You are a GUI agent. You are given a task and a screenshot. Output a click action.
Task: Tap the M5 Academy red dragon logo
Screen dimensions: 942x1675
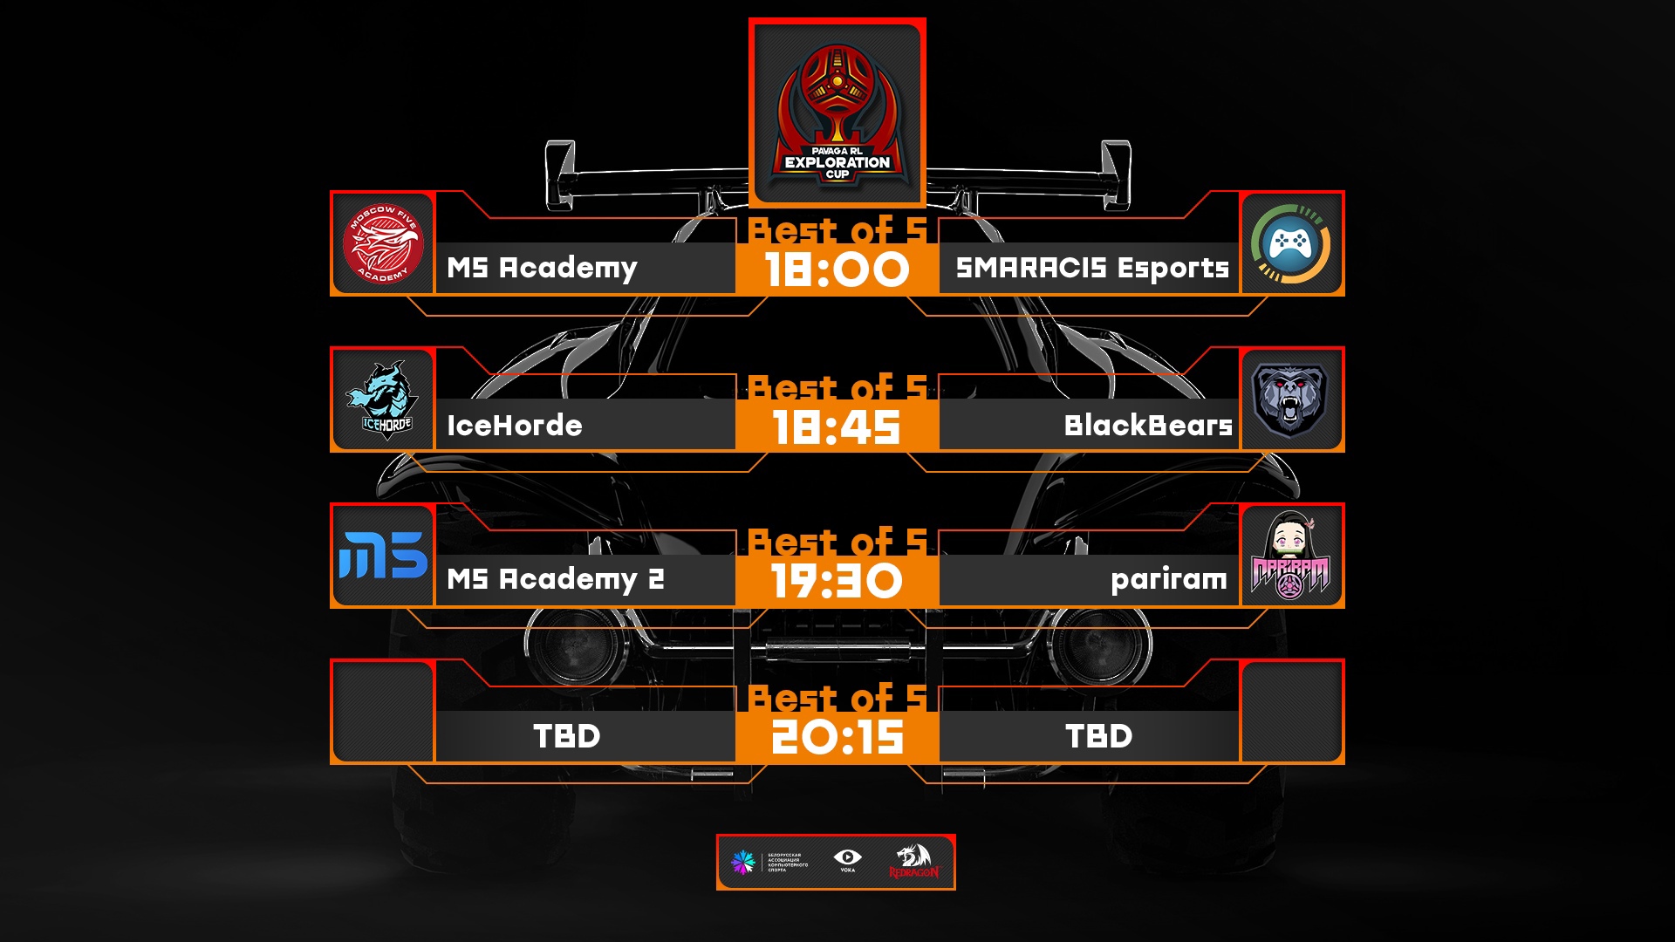(383, 243)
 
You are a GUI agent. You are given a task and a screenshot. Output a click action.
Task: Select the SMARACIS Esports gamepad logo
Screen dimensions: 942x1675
(1291, 243)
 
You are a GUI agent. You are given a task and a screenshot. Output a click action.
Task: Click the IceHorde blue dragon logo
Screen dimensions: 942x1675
(383, 399)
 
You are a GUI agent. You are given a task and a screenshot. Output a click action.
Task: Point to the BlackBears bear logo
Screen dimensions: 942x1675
(1290, 399)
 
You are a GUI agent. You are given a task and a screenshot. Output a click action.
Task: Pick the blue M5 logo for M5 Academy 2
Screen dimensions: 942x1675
(383, 556)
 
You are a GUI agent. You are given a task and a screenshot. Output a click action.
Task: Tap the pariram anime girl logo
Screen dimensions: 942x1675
(1290, 556)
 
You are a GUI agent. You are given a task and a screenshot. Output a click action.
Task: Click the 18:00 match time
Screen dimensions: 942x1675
(837, 270)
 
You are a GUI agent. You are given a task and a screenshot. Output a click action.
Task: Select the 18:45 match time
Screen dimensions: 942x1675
(837, 427)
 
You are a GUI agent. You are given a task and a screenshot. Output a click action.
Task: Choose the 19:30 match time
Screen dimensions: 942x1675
(837, 581)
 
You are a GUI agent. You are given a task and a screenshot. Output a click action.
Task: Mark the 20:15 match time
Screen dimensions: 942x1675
(837, 737)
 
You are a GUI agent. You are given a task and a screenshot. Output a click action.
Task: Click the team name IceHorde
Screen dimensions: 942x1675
(514, 426)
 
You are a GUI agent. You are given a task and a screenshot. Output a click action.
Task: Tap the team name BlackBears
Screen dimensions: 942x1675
(1147, 426)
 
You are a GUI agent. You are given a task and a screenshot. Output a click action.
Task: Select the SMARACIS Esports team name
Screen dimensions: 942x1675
(1091, 268)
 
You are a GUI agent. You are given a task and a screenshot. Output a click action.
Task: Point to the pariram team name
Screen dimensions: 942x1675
(1168, 579)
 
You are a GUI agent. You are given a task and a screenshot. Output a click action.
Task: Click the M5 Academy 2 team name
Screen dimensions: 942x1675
(555, 579)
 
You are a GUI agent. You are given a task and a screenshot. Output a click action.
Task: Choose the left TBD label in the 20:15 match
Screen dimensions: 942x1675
(566, 736)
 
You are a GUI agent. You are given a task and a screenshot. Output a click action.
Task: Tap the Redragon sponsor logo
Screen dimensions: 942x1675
(913, 861)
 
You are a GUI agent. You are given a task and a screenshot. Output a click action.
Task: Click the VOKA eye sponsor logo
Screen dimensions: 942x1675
(847, 860)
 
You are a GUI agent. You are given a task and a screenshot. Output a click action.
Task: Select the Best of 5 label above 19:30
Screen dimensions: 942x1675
(837, 543)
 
